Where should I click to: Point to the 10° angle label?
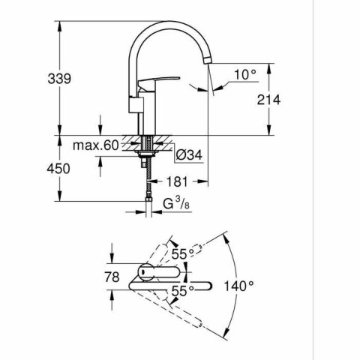click(244, 75)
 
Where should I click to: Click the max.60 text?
click(96, 145)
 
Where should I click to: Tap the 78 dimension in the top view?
click(112, 277)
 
